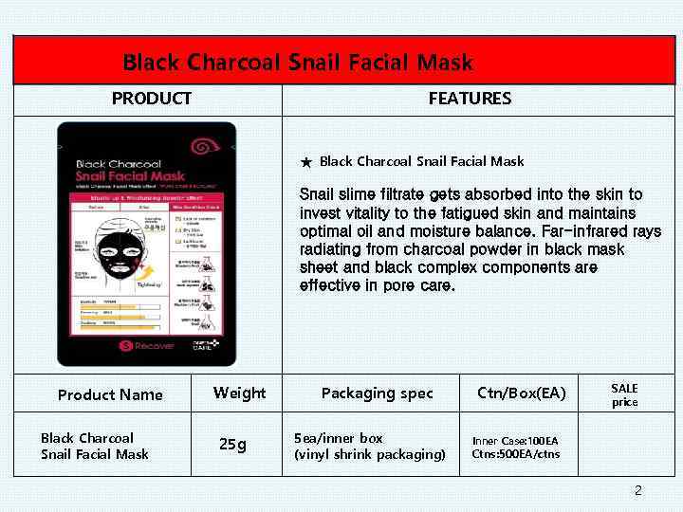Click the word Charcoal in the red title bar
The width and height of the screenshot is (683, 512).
pyautogui.click(x=233, y=64)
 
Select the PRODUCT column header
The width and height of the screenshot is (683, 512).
pyautogui.click(x=152, y=99)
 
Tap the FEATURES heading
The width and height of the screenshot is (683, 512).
pyautogui.click(x=470, y=99)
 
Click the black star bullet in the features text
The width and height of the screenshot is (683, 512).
pyautogui.click(x=306, y=163)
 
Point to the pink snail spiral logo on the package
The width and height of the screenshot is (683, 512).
pyautogui.click(x=201, y=147)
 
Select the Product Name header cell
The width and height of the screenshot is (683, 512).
pyautogui.click(x=110, y=394)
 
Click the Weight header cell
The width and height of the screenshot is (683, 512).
pyautogui.click(x=239, y=393)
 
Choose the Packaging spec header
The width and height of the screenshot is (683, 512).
pyautogui.click(x=377, y=393)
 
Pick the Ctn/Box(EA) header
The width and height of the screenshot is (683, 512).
pyautogui.click(x=522, y=393)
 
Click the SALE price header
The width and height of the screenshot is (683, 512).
pyautogui.click(x=624, y=395)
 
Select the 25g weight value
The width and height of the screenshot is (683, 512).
pyautogui.click(x=232, y=443)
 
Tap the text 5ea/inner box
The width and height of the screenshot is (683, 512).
pyautogui.click(x=339, y=438)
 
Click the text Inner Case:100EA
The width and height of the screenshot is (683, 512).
pyautogui.click(x=515, y=441)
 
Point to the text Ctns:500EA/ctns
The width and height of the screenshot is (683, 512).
pyautogui.click(x=515, y=453)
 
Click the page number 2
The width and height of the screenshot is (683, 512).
pyautogui.click(x=637, y=490)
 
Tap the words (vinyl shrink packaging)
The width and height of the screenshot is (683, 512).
pyautogui.click(x=370, y=454)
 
